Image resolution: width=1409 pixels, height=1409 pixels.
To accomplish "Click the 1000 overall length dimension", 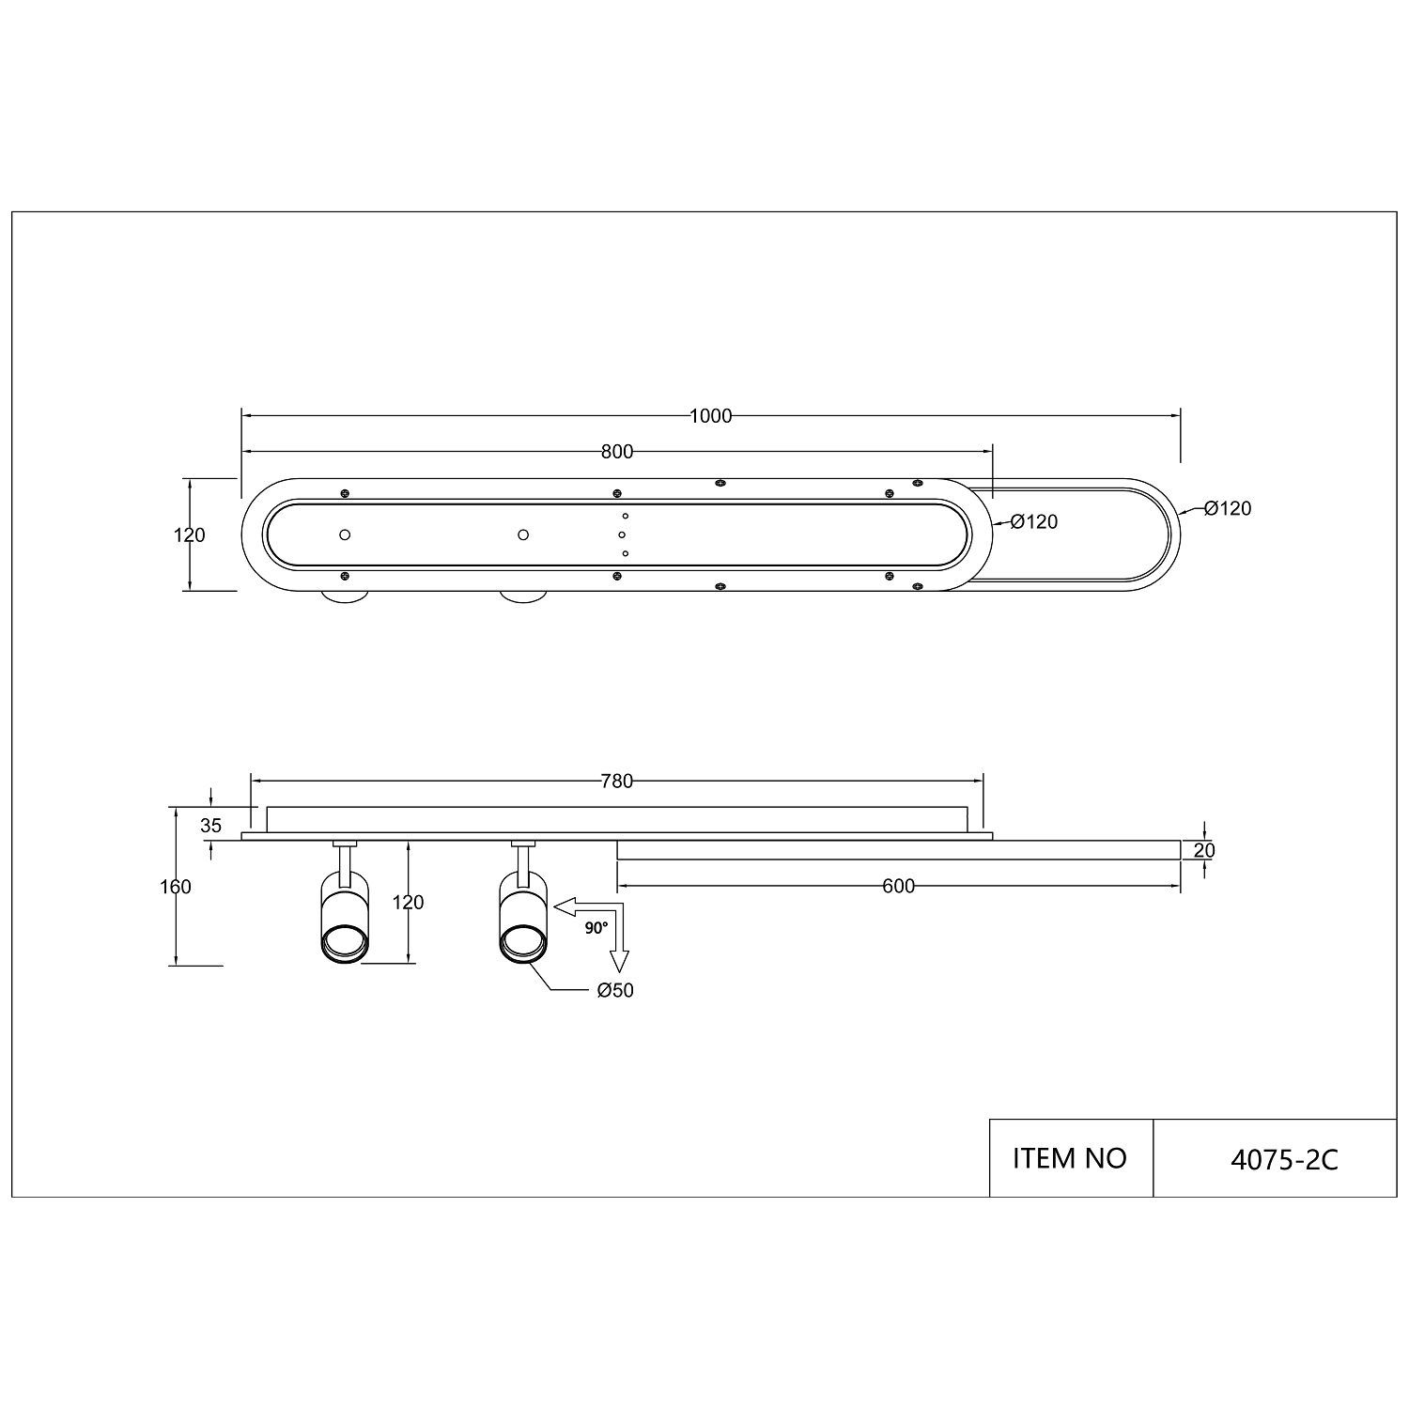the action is click(710, 416).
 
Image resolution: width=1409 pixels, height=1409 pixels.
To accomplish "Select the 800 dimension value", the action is click(617, 452).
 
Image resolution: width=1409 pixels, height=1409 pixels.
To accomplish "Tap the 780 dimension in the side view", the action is click(617, 781).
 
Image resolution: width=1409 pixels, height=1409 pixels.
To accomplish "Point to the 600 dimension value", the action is click(899, 886).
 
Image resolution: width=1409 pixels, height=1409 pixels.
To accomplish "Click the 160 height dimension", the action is click(176, 886).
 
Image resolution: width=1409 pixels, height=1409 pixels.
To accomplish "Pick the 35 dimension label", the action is click(211, 826).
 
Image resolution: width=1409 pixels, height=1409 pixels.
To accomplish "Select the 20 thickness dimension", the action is click(1205, 850).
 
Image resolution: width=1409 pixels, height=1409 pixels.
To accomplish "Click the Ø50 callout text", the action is click(615, 990).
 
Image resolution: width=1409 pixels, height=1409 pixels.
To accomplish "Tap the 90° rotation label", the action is click(596, 927).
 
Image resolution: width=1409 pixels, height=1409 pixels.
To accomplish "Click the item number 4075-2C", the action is click(1284, 1160).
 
